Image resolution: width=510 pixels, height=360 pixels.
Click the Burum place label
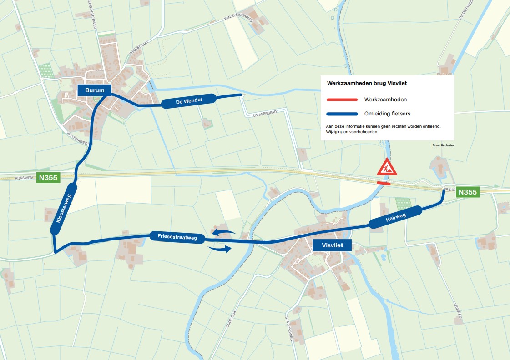coord(95,90)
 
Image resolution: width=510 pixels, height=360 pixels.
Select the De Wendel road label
coord(189,101)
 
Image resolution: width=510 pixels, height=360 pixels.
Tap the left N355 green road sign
coord(48,178)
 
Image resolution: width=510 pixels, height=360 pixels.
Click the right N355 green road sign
coord(468,192)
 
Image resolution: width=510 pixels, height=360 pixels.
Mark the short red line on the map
coord(384,184)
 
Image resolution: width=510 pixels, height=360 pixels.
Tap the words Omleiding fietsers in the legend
coord(384,114)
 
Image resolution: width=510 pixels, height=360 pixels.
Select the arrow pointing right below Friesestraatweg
coord(219,249)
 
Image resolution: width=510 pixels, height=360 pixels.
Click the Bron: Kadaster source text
coord(443,145)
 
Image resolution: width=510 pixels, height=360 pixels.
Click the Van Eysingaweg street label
coord(238,19)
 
